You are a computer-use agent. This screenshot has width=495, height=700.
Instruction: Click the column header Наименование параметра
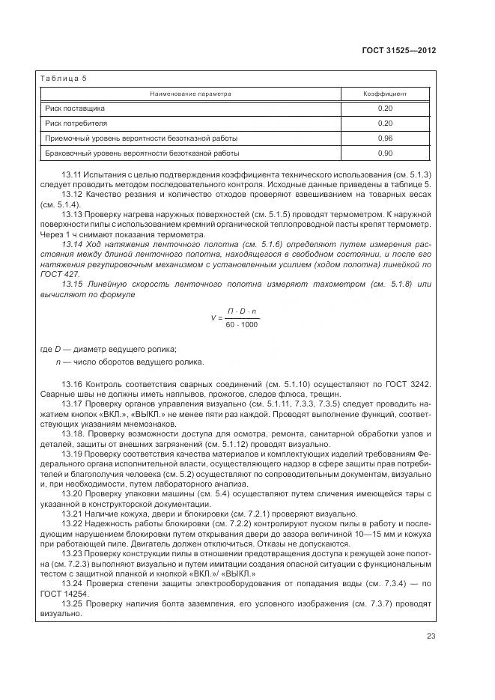pos(190,94)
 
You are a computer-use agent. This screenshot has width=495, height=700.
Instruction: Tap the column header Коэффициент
pos(385,94)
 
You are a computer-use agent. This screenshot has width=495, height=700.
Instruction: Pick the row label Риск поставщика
pos(75,109)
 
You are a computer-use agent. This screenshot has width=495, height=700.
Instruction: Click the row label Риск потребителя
pos(76,123)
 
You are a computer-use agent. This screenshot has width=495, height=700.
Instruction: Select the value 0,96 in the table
pos(385,139)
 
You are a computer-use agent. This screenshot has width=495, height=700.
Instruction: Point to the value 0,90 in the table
pos(385,153)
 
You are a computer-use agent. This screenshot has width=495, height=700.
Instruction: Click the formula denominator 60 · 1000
pos(241,324)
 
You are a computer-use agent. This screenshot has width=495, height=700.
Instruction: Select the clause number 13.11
pos(72,174)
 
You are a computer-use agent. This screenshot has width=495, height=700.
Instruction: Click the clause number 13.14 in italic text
pos(72,245)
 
